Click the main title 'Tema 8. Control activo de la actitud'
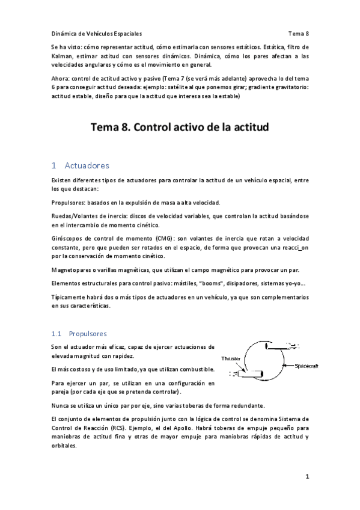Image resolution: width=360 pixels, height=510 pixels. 180,127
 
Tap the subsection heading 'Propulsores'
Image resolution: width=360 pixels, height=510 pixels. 88,333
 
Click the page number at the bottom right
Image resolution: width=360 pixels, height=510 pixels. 307,477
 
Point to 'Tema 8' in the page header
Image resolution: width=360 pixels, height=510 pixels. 298,34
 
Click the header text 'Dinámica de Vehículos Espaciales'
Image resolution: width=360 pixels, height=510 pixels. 97,34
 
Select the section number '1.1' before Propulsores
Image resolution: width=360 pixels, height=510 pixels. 56,333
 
